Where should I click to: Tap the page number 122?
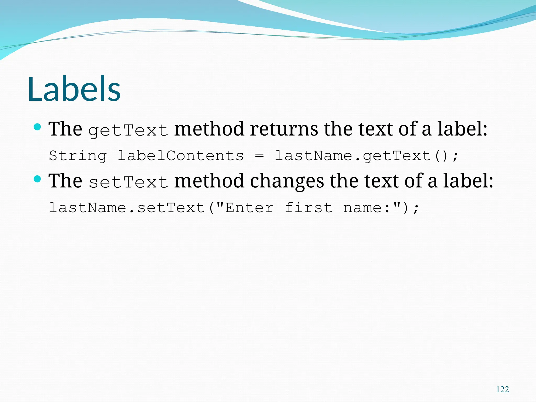point(502,389)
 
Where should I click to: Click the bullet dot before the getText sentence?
point(38,127)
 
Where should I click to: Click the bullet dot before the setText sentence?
point(38,179)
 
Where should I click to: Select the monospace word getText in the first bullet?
point(128,130)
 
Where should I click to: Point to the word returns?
point(284,129)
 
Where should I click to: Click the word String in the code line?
point(78,156)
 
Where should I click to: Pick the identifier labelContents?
point(181,156)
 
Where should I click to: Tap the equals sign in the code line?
point(259,156)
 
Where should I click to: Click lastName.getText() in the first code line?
point(366,156)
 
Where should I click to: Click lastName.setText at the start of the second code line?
point(127,208)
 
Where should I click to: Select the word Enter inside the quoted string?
point(249,208)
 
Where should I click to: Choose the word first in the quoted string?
point(308,208)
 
